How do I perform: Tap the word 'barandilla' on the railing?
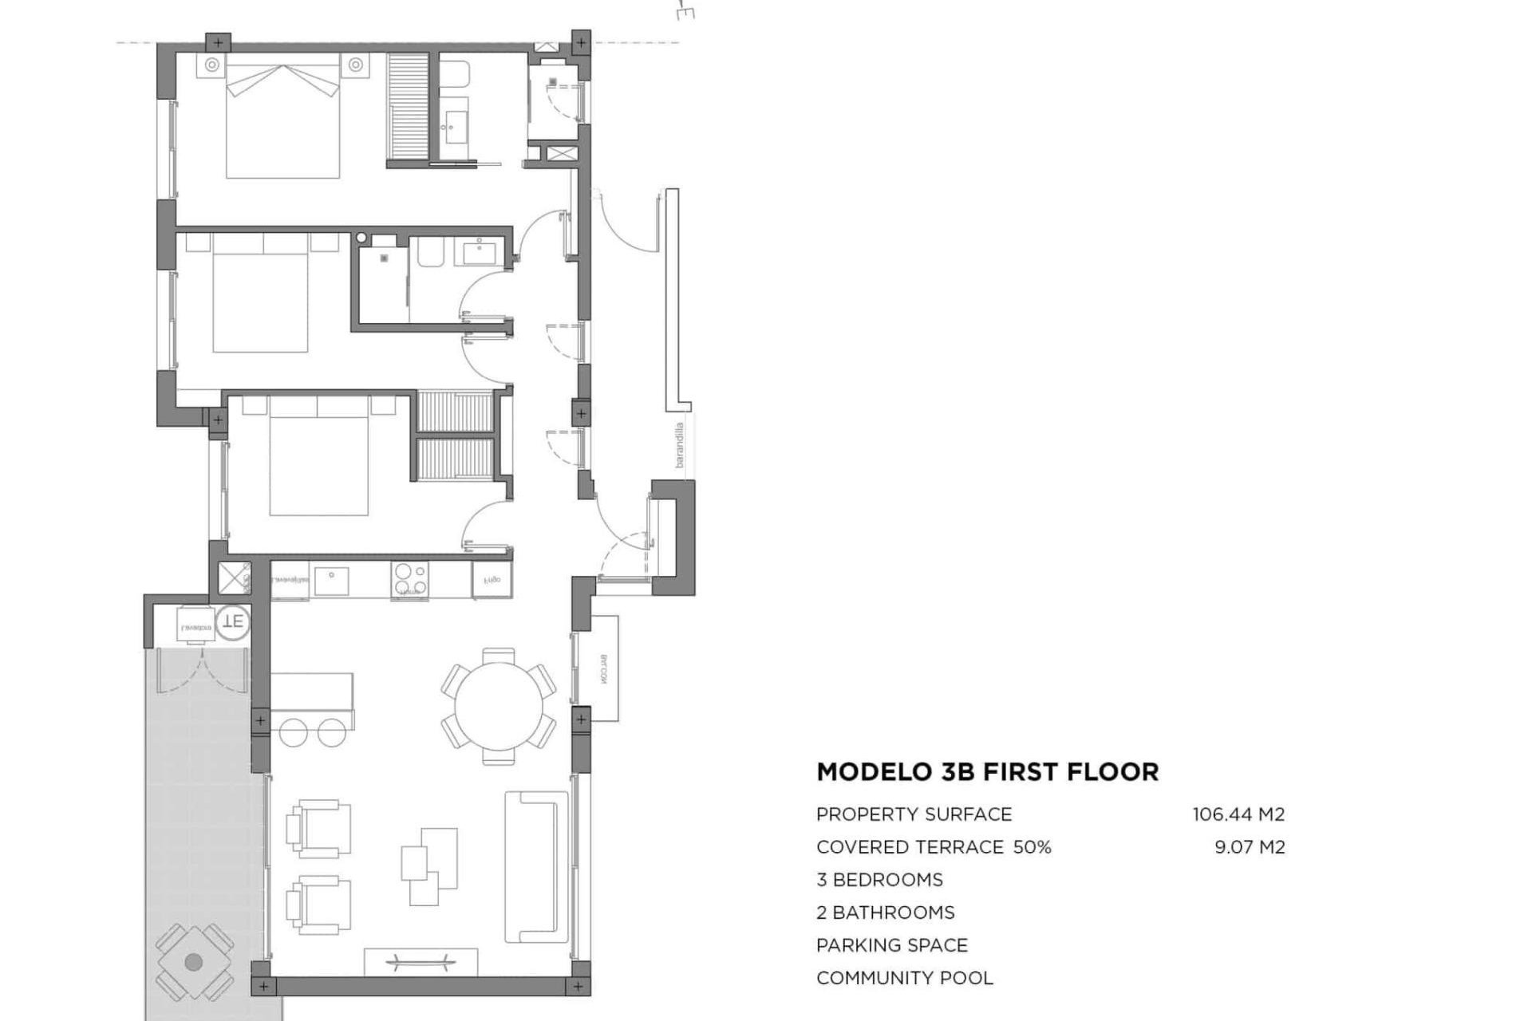point(680,444)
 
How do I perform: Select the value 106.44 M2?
point(1238,814)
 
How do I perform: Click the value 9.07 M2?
point(1250,847)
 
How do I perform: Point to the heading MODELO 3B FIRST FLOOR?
point(987,772)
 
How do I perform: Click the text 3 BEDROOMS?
point(879,880)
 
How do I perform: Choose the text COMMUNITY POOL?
point(904,978)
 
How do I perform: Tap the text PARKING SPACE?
point(891,945)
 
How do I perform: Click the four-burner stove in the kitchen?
point(409,580)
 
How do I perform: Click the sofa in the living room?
point(531,866)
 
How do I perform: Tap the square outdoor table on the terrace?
point(193,962)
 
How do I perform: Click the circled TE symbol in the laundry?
point(234,621)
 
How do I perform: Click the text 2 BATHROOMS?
point(885,913)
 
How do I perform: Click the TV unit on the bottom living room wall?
point(421,960)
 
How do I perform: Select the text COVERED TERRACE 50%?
point(933,847)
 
